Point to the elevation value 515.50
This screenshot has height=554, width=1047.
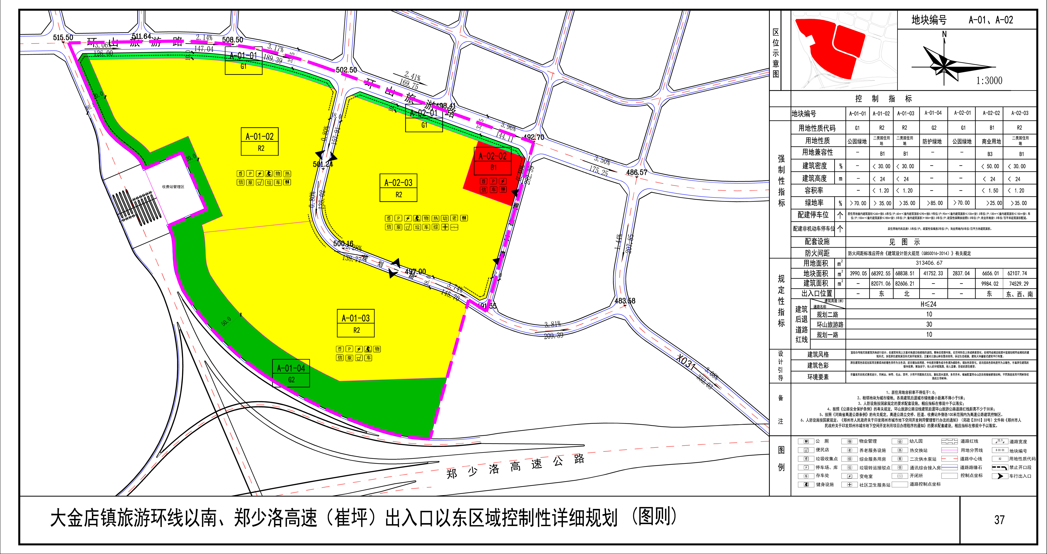(x=63, y=38)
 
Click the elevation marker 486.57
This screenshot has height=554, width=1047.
(x=637, y=172)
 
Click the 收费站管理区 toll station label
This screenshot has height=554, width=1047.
(x=173, y=187)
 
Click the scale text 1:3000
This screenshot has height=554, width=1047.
(x=989, y=80)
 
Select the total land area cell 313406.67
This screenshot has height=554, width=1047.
(x=929, y=263)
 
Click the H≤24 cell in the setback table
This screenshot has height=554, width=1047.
(x=929, y=304)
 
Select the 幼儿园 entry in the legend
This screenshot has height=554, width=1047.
(x=916, y=441)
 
